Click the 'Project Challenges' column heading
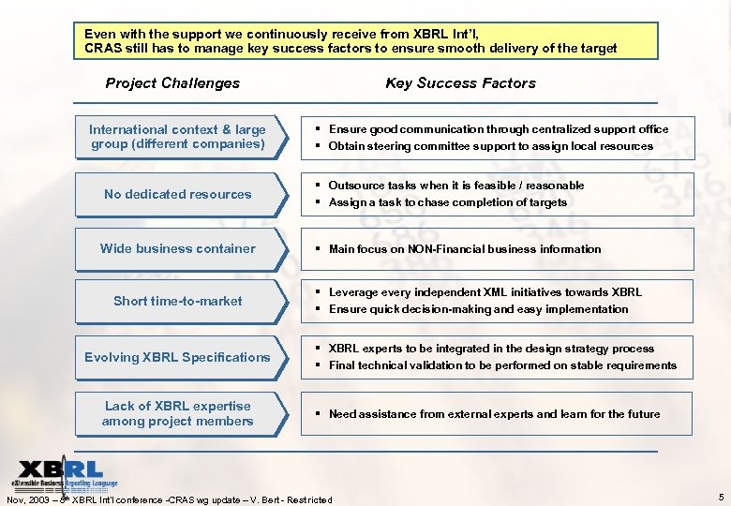[172, 83]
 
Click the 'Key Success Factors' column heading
[460, 83]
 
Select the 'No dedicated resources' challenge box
[177, 194]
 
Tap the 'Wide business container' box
[177, 248]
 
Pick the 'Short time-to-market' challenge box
[177, 301]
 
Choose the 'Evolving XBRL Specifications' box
[177, 357]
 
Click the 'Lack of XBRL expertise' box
[177, 413]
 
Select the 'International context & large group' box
[177, 137]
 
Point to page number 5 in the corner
[719, 497]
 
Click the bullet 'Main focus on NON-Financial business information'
[465, 249]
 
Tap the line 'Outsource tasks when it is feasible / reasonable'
[456, 186]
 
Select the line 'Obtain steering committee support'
[490, 146]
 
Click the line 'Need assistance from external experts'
[494, 414]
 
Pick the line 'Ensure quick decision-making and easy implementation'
[478, 309]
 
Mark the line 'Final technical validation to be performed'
[502, 365]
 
